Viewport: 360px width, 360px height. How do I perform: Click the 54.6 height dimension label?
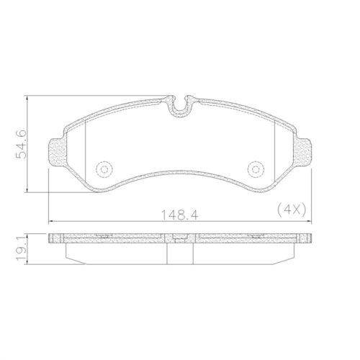click(x=21, y=144)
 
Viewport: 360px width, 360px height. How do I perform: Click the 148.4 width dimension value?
click(x=180, y=215)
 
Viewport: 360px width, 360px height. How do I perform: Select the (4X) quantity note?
click(x=292, y=210)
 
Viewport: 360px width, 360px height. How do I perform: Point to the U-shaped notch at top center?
click(x=180, y=109)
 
